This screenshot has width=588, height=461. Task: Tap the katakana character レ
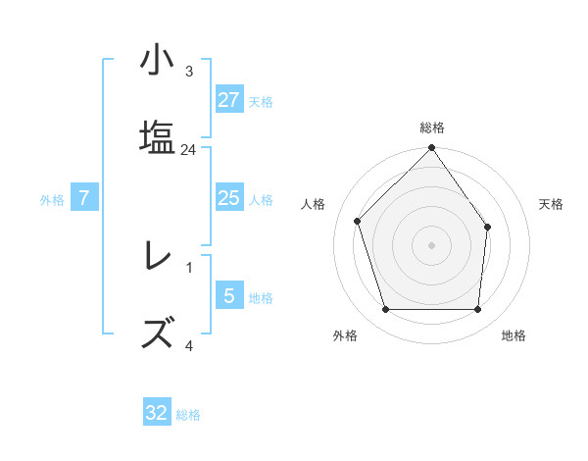pos(158,256)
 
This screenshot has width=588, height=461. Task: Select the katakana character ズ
pos(158,333)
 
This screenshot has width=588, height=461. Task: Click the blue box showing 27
pos(228,99)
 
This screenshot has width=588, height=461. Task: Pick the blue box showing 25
pos(228,198)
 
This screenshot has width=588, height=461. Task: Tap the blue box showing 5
pos(228,295)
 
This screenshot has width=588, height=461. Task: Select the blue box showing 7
pos(84,198)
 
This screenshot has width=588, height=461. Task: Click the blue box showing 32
pos(157,413)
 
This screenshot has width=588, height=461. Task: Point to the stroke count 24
pos(189,150)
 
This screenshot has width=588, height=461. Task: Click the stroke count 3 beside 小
pos(189,72)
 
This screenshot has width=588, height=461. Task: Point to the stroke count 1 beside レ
pos(189,268)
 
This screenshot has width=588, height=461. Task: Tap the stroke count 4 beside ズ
pos(189,345)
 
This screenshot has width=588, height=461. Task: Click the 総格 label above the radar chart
pos(432,128)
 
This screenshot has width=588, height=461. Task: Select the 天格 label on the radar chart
pos(551,204)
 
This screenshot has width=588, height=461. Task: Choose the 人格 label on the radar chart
pos(314,204)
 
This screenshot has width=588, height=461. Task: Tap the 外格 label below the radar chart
pos(345,335)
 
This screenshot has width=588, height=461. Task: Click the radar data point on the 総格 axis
pos(432,149)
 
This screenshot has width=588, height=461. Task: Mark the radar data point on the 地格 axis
pos(478,310)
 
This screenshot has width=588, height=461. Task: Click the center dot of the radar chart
pos(432,245)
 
